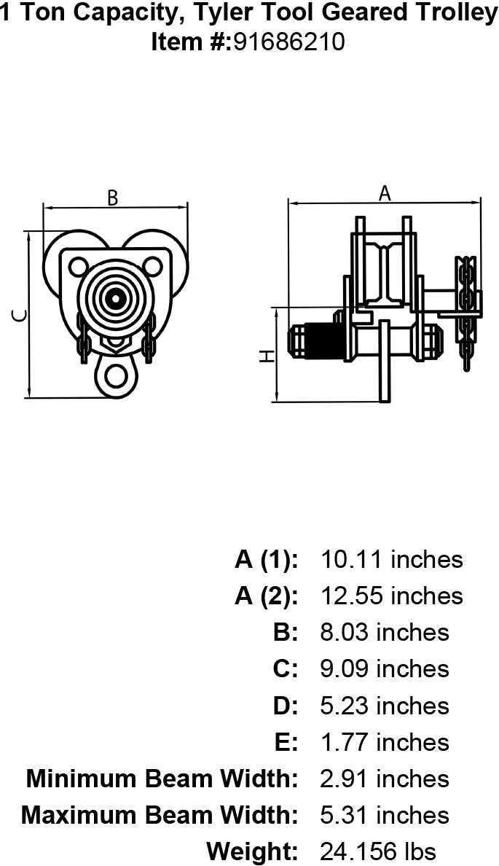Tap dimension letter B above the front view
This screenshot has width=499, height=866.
click(113, 198)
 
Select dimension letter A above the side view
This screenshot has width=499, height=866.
click(385, 193)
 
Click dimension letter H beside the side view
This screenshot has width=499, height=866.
click(267, 356)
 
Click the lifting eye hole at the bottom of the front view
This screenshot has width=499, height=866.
click(114, 375)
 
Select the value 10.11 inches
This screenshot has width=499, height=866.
click(391, 560)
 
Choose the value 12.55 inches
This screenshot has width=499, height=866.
click(391, 596)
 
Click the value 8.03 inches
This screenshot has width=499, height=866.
click(385, 633)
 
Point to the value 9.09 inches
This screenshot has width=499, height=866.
click(385, 669)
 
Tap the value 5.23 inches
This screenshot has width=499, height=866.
click(385, 706)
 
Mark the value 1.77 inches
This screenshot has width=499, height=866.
click(385, 742)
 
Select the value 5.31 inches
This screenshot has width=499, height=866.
click(385, 815)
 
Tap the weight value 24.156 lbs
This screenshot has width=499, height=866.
click(378, 851)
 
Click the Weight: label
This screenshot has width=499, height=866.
click(252, 851)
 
